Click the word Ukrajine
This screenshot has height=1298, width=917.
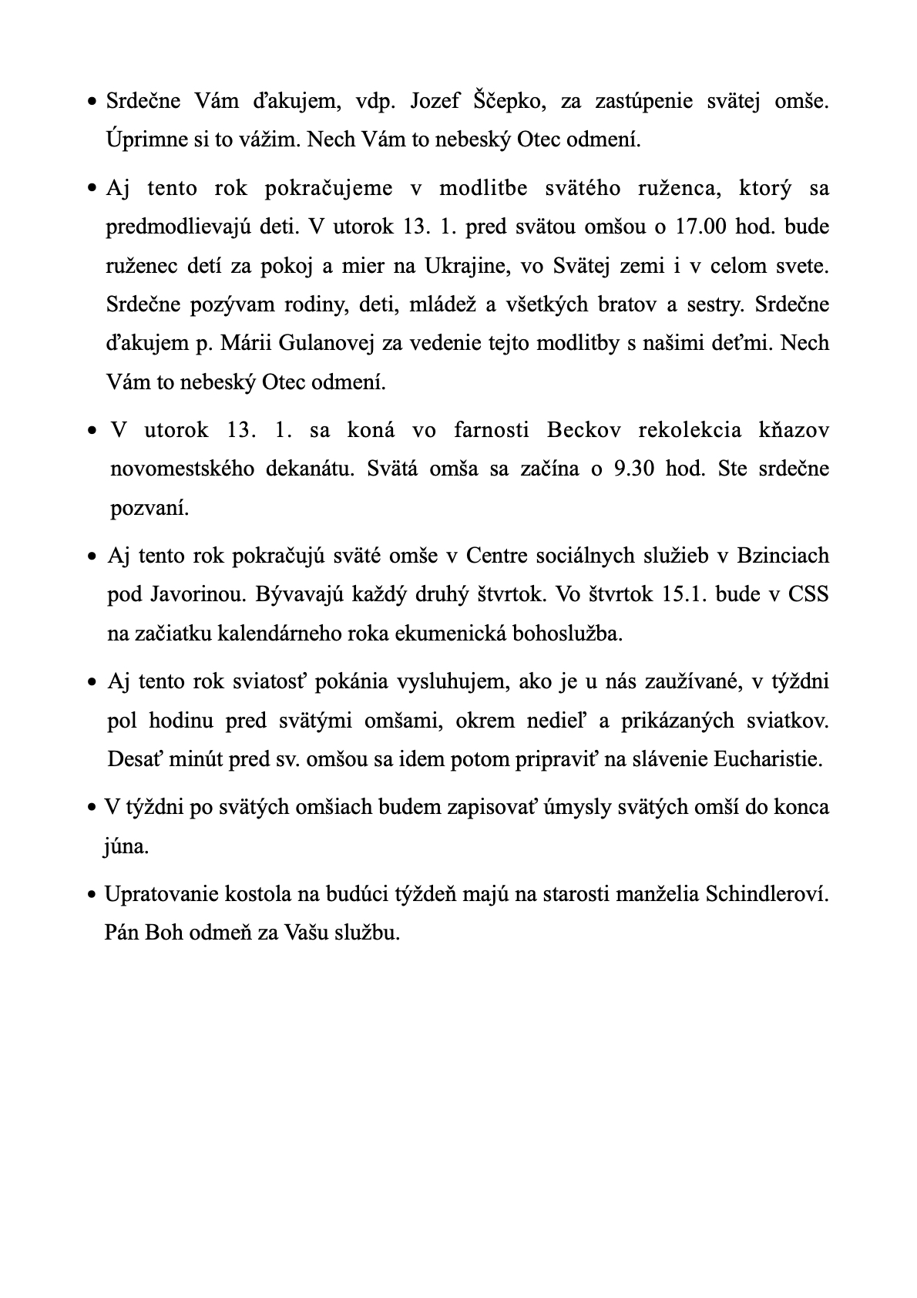[x=467, y=266]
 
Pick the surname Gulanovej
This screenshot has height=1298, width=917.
[x=317, y=343]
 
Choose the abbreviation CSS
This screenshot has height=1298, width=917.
[x=808, y=594]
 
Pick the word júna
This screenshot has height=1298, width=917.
[x=126, y=846]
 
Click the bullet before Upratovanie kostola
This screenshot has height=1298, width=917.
[x=92, y=896]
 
